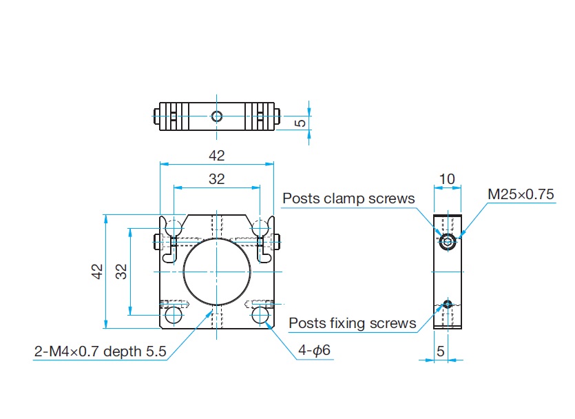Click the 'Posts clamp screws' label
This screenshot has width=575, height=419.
coord(348,198)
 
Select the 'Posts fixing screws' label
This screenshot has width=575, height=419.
coord(352,323)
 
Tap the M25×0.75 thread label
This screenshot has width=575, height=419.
coord(521,194)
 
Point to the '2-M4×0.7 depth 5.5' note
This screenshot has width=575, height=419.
coord(101,351)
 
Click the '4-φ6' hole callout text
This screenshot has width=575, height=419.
coord(314,351)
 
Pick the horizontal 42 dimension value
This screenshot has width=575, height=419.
coord(216,156)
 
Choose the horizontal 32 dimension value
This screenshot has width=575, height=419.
coord(216,179)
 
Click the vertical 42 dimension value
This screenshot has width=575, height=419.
coord(98,271)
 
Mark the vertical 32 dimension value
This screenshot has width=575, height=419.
coord(121,271)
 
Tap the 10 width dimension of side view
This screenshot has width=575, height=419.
coord(447,179)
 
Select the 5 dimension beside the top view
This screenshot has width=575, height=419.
coord(300,123)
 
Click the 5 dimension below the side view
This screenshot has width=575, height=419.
coord(440,351)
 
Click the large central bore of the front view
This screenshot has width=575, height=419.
coord(216,271)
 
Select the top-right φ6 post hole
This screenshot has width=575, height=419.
coord(260,227)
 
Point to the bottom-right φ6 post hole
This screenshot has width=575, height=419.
coord(260,315)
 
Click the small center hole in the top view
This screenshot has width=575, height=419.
coord(216,116)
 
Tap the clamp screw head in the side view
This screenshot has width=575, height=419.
coord(448,241)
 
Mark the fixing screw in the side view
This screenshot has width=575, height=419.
coord(448,304)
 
